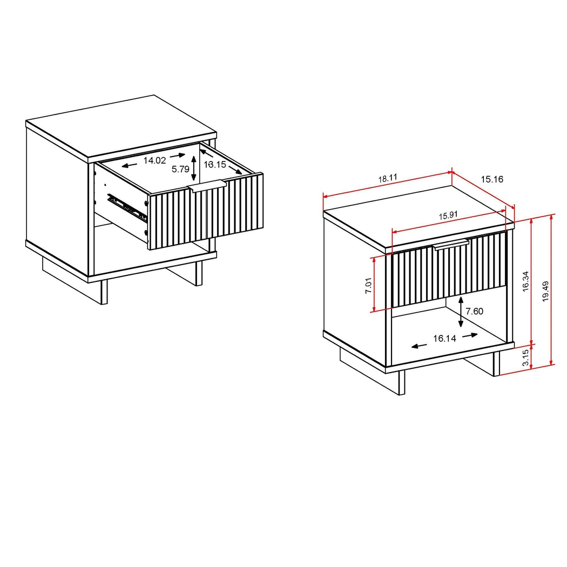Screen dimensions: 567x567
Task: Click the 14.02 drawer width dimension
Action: [x=154, y=160]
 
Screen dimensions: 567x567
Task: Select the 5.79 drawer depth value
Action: [x=180, y=169]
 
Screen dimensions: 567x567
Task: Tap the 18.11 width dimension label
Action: [x=387, y=178]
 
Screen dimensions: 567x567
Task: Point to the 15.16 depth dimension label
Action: [x=491, y=179]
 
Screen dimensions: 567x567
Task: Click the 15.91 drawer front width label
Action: [x=448, y=215]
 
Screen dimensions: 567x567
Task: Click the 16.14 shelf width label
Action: [x=444, y=339]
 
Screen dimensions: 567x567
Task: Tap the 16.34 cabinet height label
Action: [x=525, y=281]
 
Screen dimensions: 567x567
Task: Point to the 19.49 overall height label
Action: [x=545, y=291]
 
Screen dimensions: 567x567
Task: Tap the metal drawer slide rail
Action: [x=127, y=208]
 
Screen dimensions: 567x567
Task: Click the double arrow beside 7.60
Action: [x=460, y=312]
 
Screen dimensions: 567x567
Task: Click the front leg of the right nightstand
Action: [x=401, y=383]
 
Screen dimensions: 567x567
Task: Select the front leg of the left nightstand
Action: [x=104, y=292]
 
